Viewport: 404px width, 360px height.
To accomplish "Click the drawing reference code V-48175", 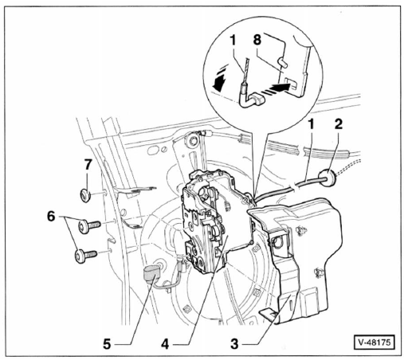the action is point(375,342).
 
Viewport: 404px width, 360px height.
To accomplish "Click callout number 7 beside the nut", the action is point(88,165).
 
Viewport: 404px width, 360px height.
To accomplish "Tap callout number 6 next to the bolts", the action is point(51,217).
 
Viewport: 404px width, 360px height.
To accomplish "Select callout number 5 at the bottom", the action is point(107,344).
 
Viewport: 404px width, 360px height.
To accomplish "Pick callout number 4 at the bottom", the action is point(165,344).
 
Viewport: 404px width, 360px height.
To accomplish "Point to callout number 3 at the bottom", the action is point(234,344).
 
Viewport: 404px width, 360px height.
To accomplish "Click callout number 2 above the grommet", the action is point(338,123).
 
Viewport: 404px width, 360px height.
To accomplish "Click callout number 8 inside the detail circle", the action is point(257,39).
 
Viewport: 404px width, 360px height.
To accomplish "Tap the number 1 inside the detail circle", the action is point(233,41).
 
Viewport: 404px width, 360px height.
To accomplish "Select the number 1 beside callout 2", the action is point(311,124).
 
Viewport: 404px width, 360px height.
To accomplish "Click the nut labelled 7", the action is point(85,196).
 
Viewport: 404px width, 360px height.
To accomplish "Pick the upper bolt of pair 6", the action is point(89,226).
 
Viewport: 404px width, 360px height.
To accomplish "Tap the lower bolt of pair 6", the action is point(86,256).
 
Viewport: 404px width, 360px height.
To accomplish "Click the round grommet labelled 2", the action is point(328,178).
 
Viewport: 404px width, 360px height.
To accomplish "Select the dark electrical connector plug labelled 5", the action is point(151,276).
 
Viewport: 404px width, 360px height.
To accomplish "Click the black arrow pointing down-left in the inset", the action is point(220,83).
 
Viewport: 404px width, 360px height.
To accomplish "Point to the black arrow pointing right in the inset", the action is point(280,88).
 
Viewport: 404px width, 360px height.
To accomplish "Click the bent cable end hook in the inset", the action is point(251,100).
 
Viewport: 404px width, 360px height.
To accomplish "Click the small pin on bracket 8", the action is point(282,61).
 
